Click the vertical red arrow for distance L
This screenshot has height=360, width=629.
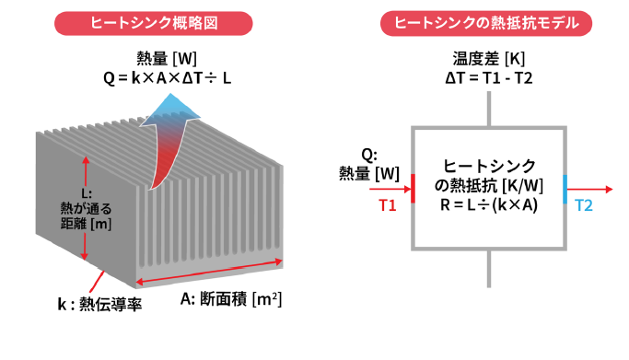pos(86,208)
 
